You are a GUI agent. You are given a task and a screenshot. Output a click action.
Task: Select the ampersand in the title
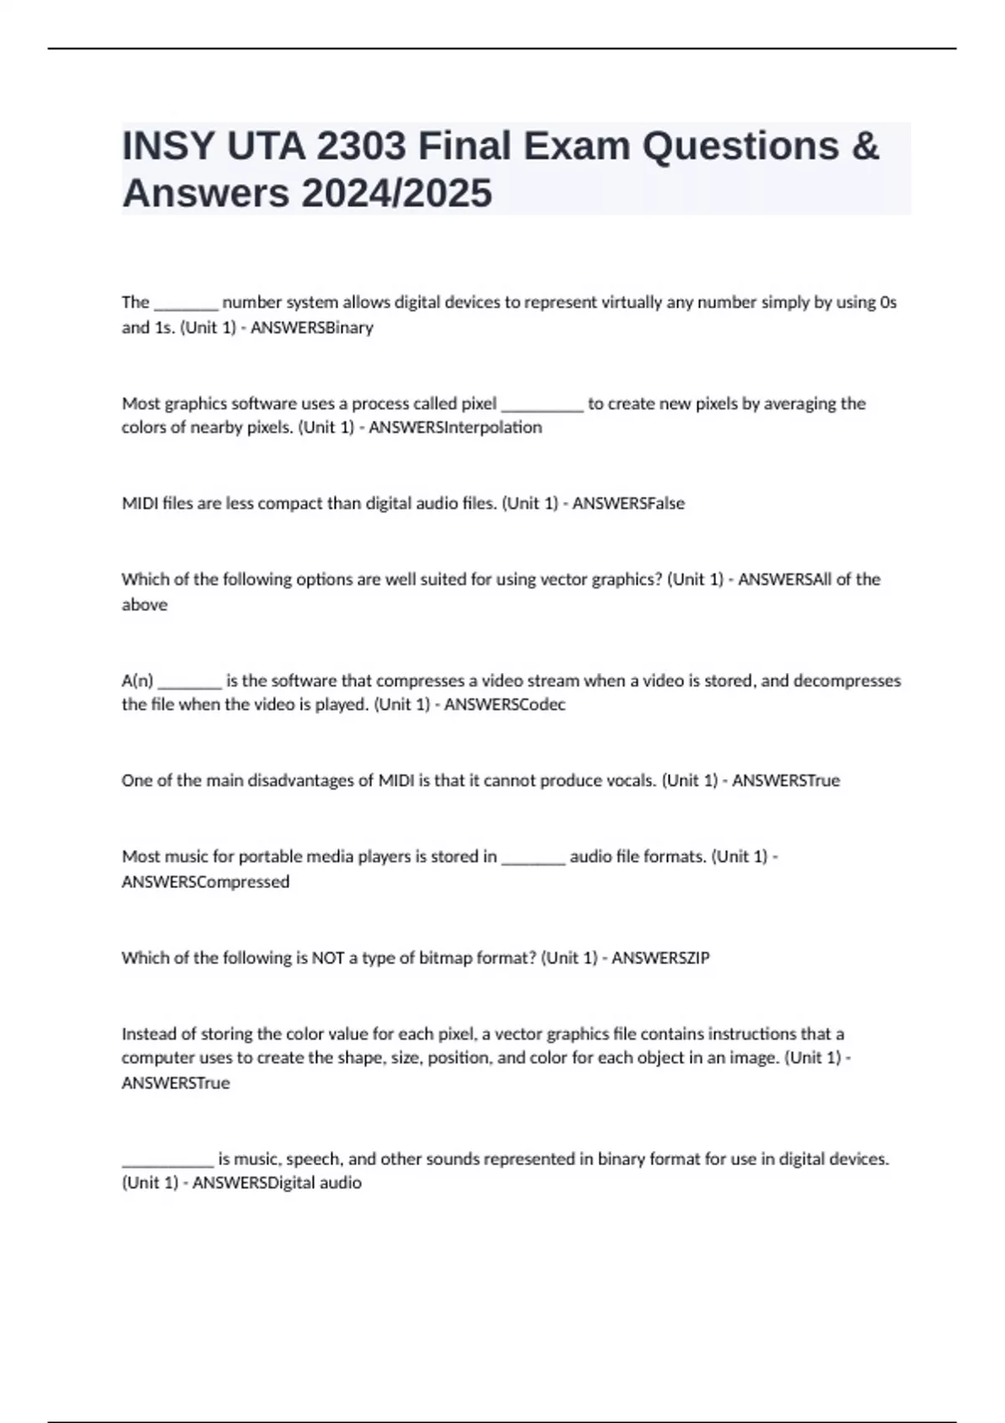(865, 146)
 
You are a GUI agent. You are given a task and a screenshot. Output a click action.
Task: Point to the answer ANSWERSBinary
(312, 327)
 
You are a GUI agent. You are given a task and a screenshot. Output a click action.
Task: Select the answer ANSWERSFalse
(628, 504)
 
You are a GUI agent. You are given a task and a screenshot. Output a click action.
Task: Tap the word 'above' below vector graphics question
(144, 604)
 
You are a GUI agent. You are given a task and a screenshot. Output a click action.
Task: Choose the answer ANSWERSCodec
(504, 705)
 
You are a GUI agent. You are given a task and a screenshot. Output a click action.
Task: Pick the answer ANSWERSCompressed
(205, 882)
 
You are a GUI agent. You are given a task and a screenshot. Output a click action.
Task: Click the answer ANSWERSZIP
(660, 958)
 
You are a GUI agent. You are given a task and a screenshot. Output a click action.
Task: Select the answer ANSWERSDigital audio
(276, 1184)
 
